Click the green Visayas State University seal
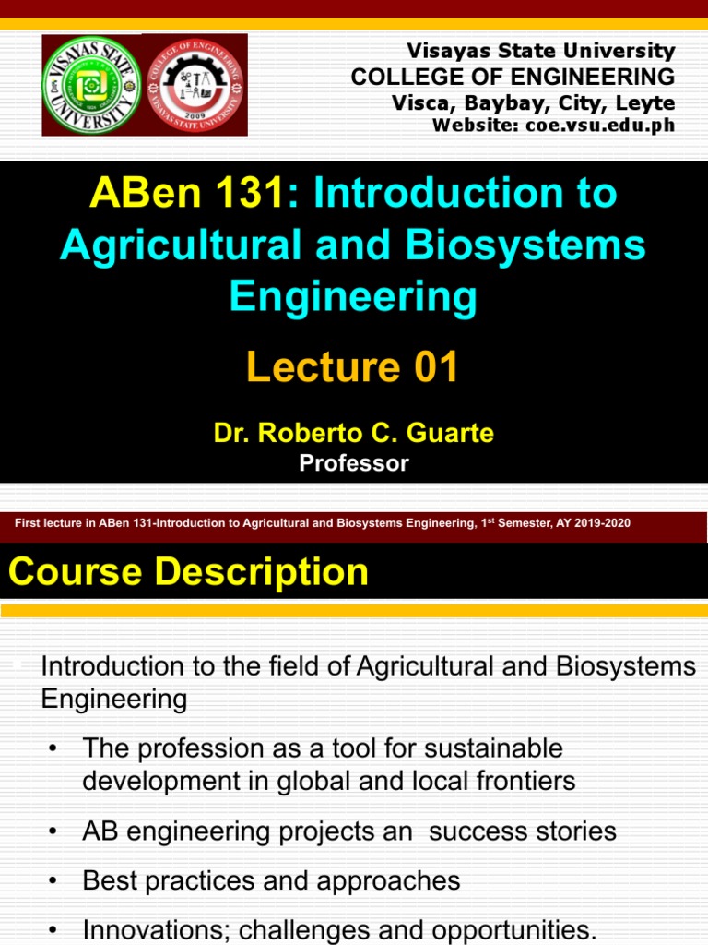point(91,84)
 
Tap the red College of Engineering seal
point(194,84)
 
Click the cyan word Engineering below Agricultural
point(354,297)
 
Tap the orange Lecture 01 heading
point(353,368)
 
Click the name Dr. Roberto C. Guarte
point(354,433)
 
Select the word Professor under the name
point(354,463)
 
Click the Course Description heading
point(189,572)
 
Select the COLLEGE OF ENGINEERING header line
point(513,77)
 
